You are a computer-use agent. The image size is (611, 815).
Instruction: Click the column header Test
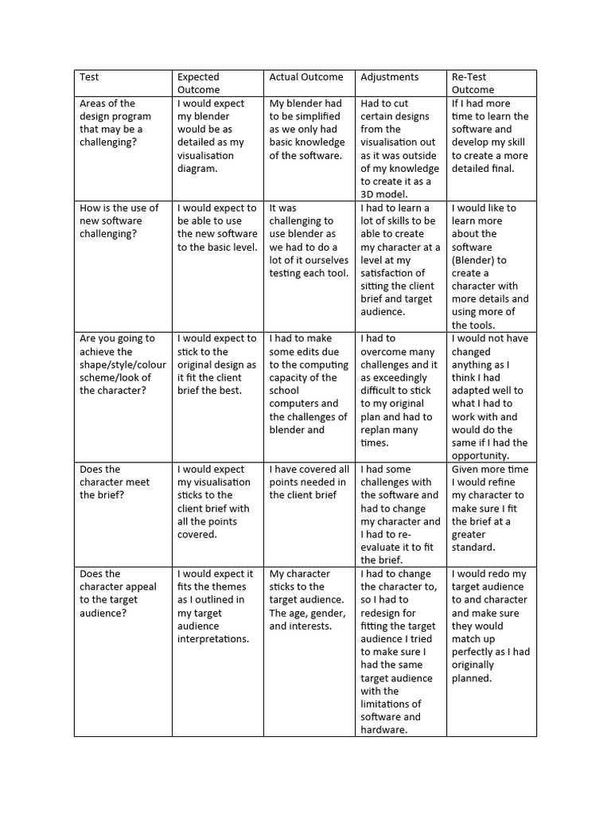89,77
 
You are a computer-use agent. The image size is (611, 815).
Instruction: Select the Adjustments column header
389,77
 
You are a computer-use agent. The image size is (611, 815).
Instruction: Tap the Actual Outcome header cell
306,77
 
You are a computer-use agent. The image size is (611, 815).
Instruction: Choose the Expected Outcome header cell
199,84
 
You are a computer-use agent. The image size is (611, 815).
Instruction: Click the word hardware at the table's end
384,730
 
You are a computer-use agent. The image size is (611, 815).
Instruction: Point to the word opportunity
480,455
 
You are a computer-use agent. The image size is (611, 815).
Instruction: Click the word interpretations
213,638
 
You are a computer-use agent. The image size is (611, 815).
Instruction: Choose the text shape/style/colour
123,365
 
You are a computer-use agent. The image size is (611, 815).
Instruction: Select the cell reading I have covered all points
309,482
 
